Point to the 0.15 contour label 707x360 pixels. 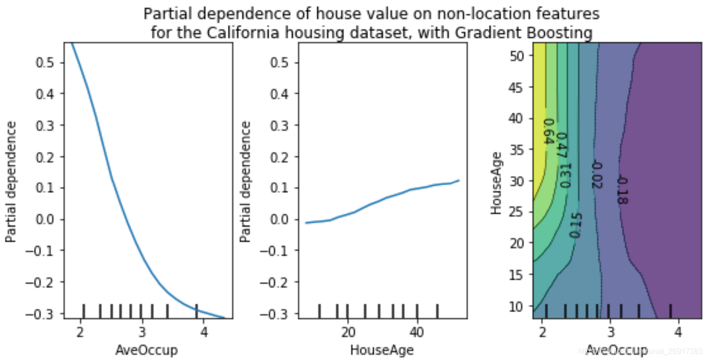coord(574,225)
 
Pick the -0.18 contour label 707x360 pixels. coord(621,191)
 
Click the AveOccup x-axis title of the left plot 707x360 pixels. coord(146,350)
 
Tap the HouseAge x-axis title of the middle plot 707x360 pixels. coord(382,350)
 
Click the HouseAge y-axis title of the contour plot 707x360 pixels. coord(496,182)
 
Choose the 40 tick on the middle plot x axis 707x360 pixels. coord(417,332)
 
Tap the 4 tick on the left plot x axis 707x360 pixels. coord(203,332)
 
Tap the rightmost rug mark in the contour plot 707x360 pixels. coord(670,311)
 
